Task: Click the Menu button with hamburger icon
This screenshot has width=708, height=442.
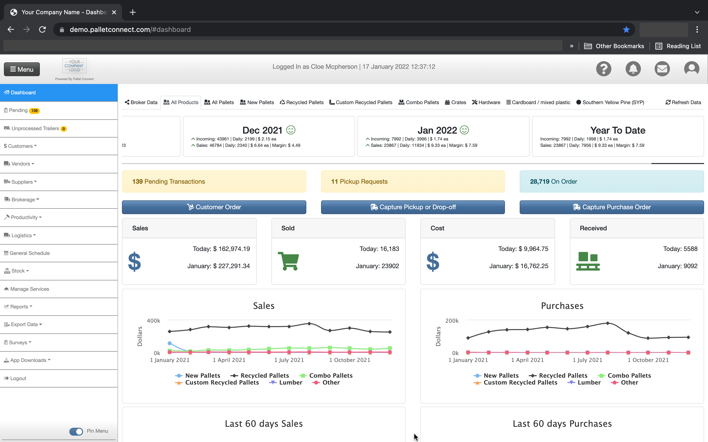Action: [x=22, y=69]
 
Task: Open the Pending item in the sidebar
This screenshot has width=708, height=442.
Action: [x=18, y=110]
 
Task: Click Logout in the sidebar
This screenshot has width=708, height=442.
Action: [x=18, y=378]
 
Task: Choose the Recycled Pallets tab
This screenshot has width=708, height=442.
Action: [x=302, y=102]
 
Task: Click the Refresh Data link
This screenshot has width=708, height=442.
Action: [x=683, y=102]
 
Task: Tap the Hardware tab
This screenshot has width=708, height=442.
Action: [x=486, y=102]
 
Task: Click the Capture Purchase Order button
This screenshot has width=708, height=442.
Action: [x=611, y=207]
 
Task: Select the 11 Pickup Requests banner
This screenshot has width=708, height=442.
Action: [x=413, y=181]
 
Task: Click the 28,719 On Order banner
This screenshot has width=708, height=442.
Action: [x=611, y=181]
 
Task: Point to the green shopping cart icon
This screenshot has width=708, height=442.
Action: [x=288, y=261]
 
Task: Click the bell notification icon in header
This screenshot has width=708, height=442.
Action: [x=633, y=69]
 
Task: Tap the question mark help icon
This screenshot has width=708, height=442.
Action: [x=604, y=69]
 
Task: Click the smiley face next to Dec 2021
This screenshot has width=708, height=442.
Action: [x=291, y=130]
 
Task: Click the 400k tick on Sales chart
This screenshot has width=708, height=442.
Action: [x=153, y=321]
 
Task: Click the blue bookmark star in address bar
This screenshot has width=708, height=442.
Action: [x=626, y=29]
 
